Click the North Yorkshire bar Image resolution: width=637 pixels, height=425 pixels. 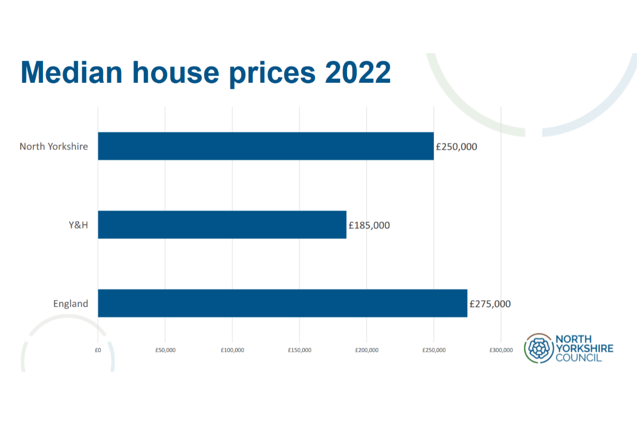265,146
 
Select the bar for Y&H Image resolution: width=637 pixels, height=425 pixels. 222,225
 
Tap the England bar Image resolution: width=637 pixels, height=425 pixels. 282,303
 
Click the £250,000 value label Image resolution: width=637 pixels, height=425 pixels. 456,147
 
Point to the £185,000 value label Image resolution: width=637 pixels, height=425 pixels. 369,225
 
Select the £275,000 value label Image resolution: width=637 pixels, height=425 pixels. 490,304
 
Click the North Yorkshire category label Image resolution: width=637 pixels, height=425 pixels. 54,146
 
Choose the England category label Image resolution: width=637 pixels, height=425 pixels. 71,304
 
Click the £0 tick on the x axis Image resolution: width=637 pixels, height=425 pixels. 98,350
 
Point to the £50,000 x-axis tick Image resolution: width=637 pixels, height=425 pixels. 165,350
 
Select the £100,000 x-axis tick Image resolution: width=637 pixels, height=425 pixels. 233,350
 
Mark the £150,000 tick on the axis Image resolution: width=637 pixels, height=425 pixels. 299,350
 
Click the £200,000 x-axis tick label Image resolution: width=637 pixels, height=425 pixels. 367,350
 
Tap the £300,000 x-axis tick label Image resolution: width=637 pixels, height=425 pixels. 501,350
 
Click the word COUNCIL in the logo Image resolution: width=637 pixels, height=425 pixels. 578,358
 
